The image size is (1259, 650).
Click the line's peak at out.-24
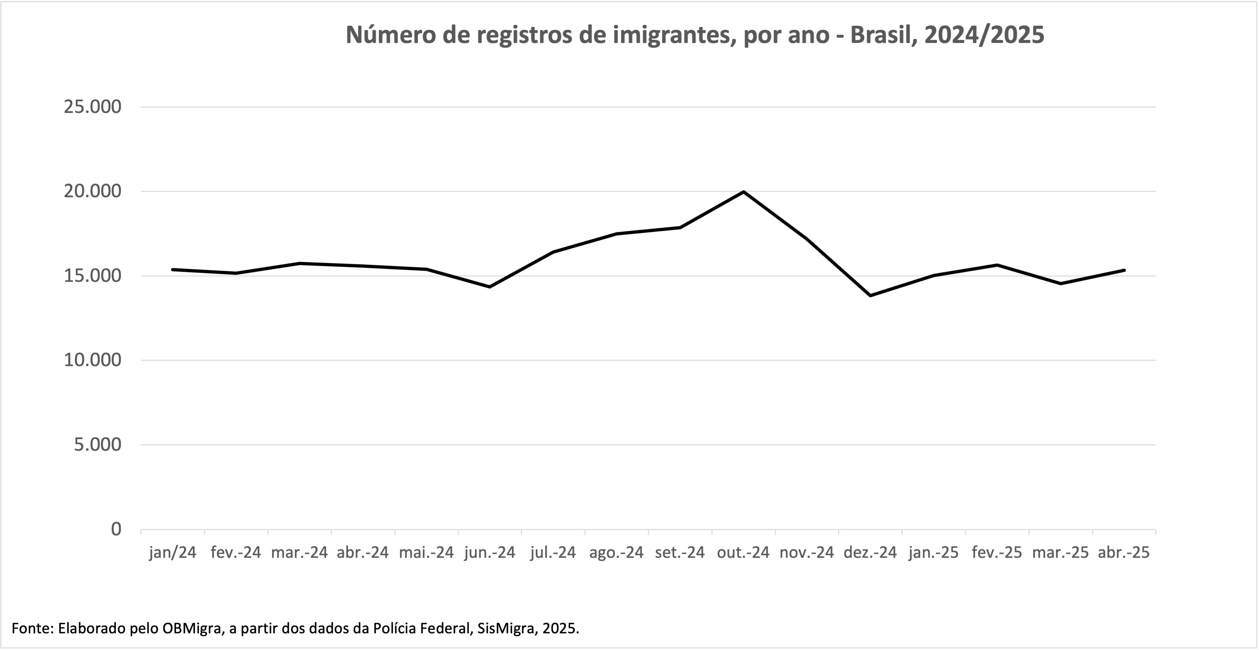tap(743, 192)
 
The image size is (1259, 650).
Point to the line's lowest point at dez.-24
tap(870, 295)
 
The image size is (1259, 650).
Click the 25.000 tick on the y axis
tap(92, 107)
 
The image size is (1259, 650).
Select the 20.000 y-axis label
tap(92, 191)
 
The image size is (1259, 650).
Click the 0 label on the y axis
tap(116, 529)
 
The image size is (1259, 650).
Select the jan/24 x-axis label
tap(173, 553)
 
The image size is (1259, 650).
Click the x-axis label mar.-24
tap(299, 553)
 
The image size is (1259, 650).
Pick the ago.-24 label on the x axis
tap(616, 553)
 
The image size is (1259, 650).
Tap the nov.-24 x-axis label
tap(807, 553)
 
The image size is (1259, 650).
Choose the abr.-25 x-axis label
tap(1124, 553)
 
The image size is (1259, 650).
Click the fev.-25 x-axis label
tap(997, 553)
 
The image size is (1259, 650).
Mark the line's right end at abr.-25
tap(1124, 270)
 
